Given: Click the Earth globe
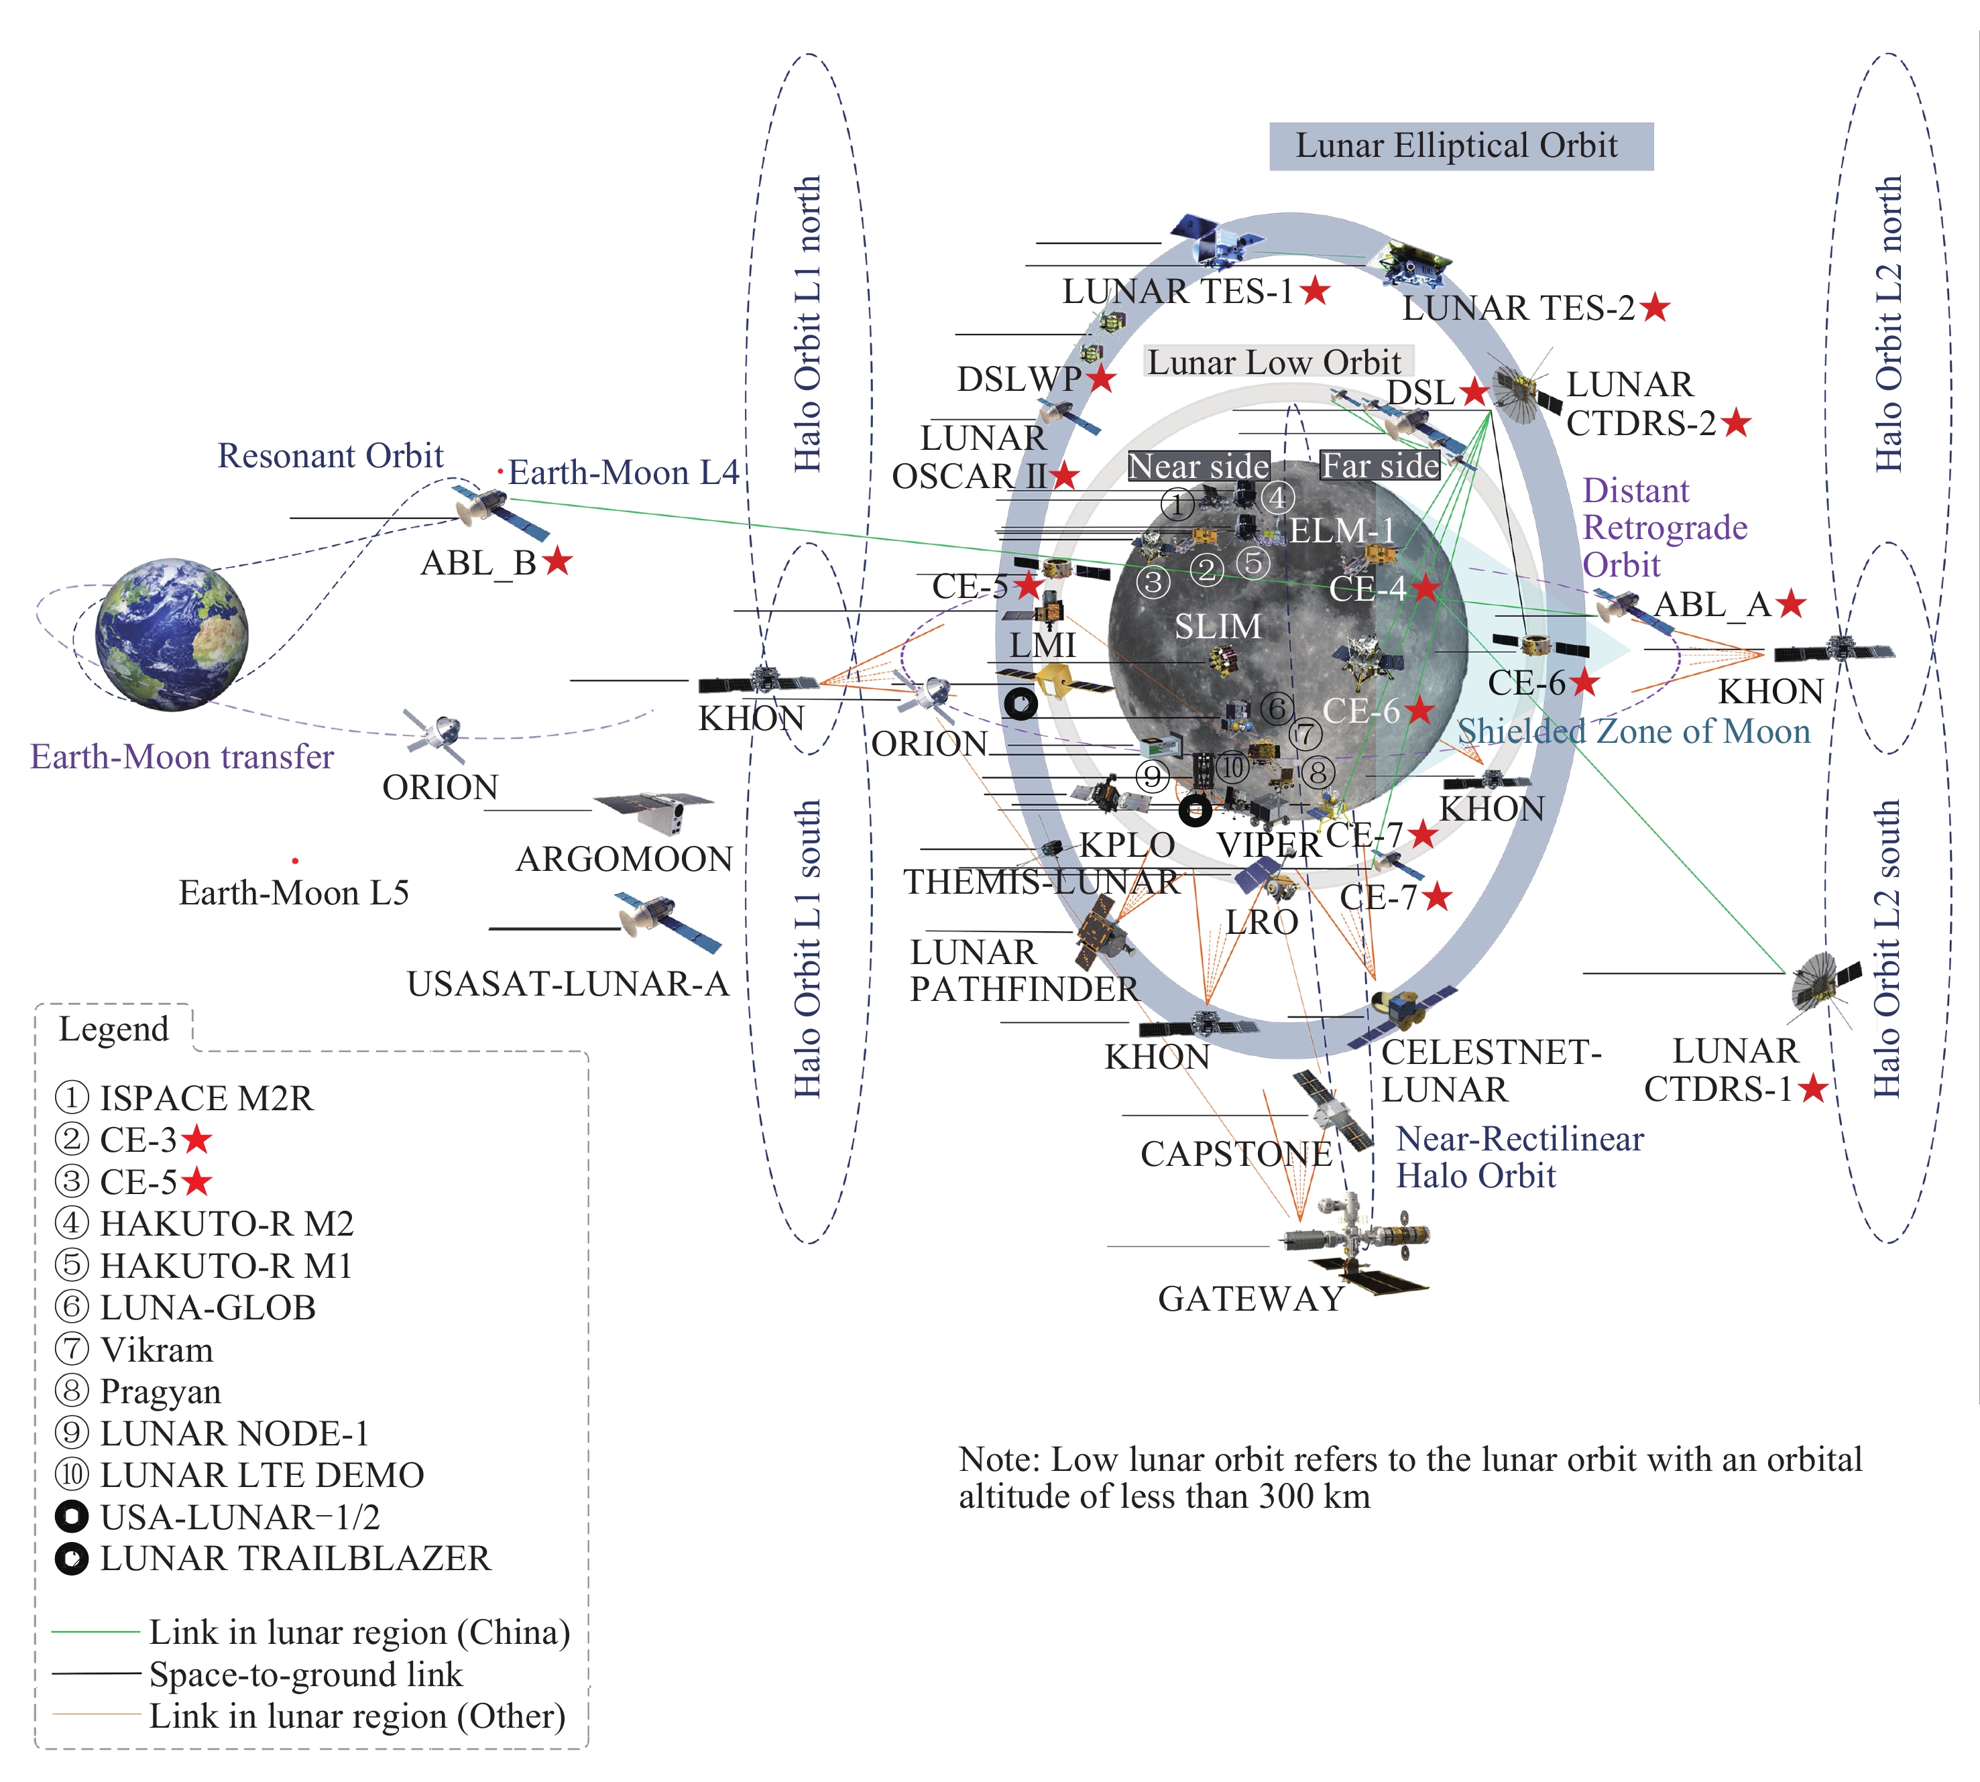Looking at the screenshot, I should [x=172, y=634].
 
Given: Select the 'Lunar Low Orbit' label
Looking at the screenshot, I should [x=1274, y=362].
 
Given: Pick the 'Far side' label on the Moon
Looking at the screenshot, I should [x=1380, y=466].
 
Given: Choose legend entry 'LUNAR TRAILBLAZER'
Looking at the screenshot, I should [x=294, y=1559].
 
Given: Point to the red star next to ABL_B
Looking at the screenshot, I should [x=557, y=562].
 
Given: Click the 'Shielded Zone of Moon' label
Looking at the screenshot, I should [x=1633, y=731].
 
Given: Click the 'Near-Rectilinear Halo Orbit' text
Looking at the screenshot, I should [x=1518, y=1157].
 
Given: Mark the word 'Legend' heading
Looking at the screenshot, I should [x=113, y=1029].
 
